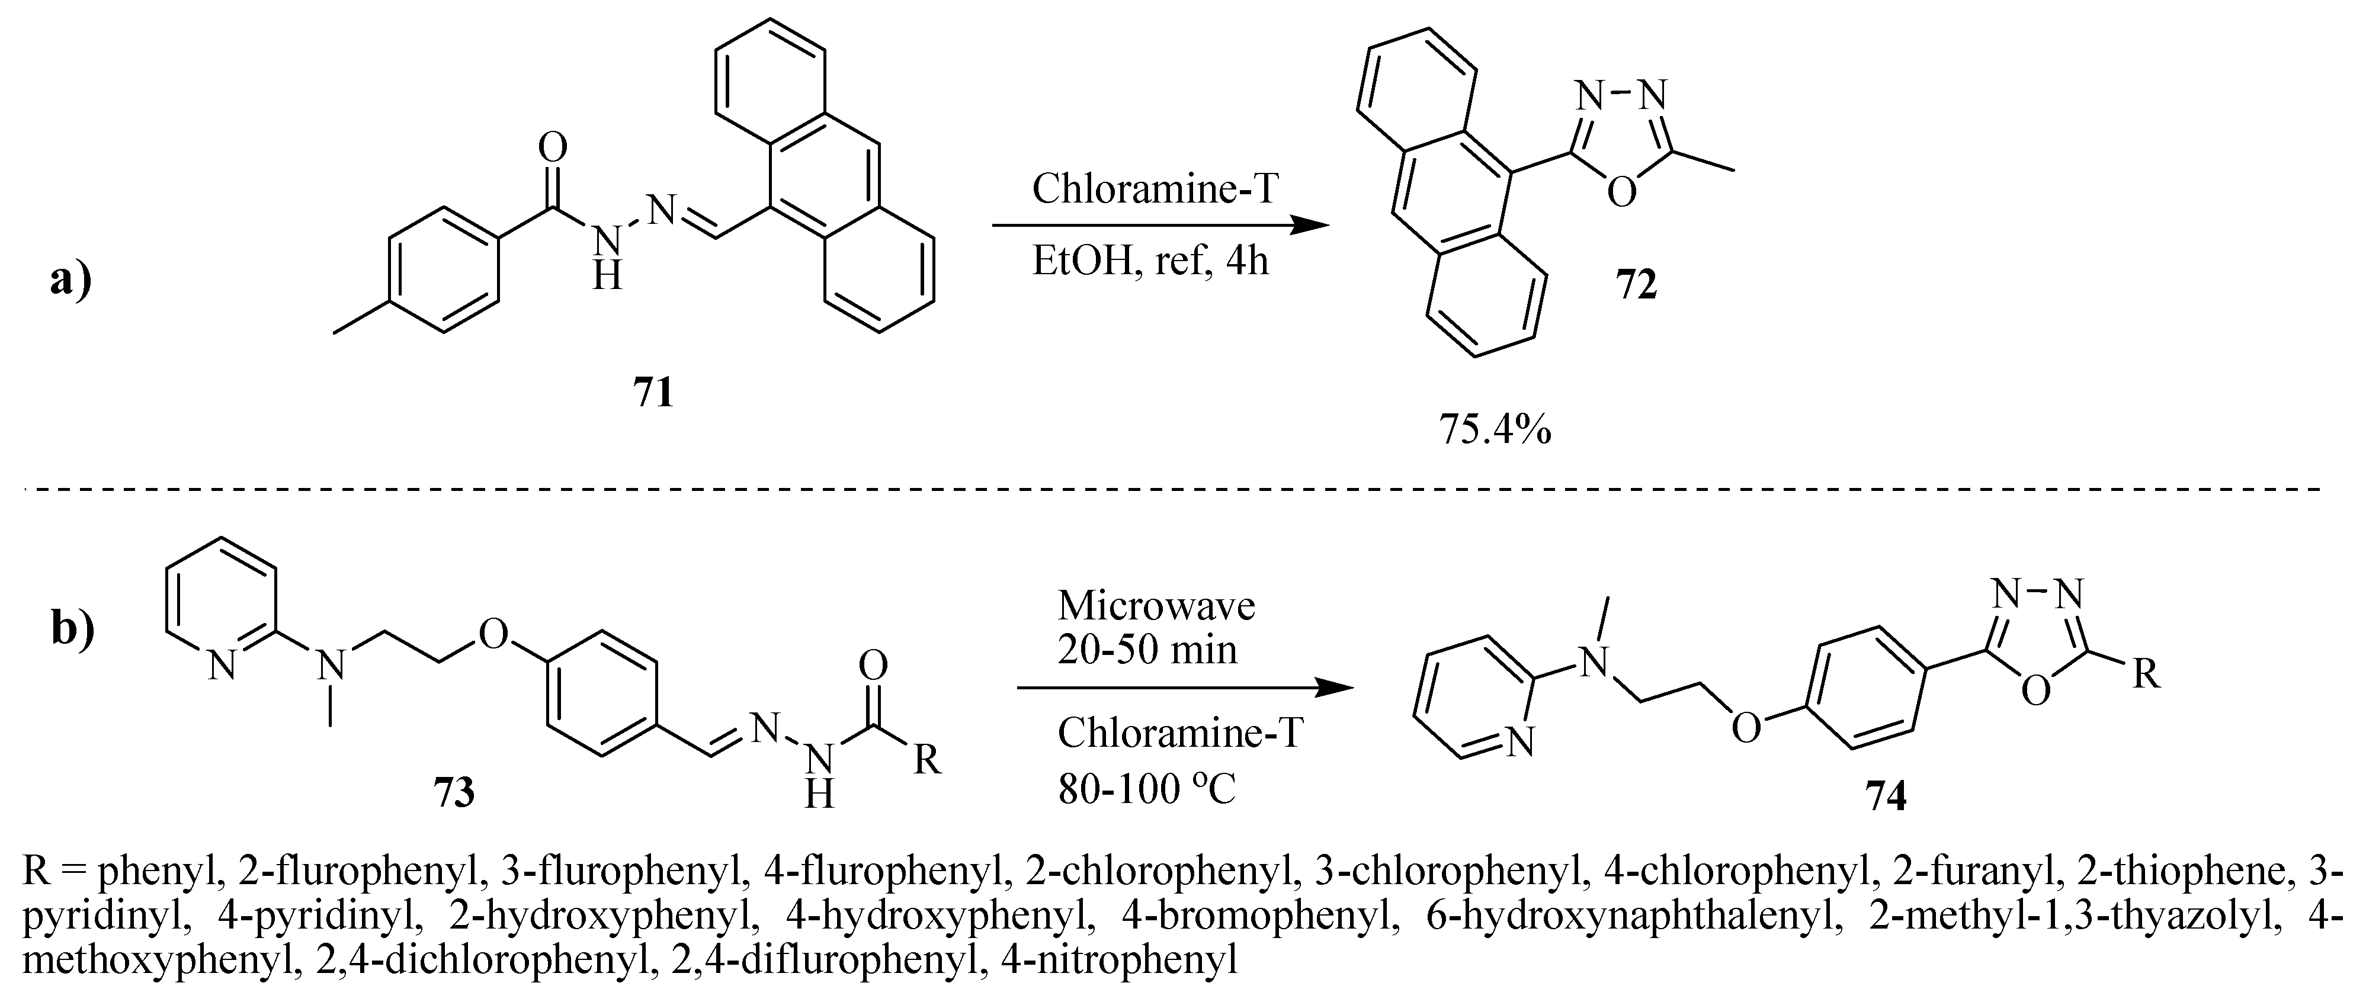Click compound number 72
[x=1636, y=285]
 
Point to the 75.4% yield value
[x=1495, y=429]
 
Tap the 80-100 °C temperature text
[x=1146, y=788]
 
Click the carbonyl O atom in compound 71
[x=553, y=147]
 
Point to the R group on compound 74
[x=2146, y=675]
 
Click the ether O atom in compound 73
[x=494, y=634]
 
